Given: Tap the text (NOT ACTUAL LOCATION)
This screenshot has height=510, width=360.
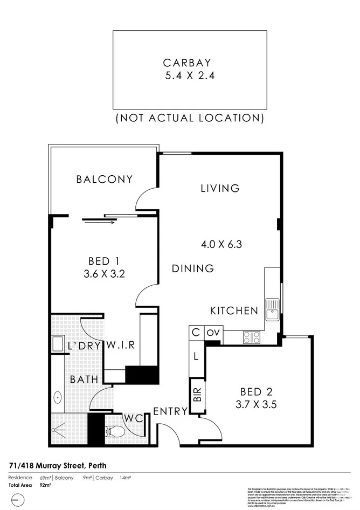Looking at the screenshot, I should point(190,118).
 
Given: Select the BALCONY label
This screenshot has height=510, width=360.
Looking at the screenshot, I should point(104,179).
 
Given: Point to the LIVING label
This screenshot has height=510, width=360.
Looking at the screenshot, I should point(220,188).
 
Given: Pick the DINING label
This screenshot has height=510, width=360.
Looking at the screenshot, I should point(193,268).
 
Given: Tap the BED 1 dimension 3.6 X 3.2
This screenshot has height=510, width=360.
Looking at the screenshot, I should point(104,273).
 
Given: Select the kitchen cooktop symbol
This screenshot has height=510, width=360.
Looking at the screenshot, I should point(252,337).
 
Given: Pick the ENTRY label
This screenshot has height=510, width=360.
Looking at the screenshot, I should point(170,411).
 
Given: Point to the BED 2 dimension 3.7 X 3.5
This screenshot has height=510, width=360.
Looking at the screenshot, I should point(257,404).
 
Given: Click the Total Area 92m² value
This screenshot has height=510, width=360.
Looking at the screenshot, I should point(46,485).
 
